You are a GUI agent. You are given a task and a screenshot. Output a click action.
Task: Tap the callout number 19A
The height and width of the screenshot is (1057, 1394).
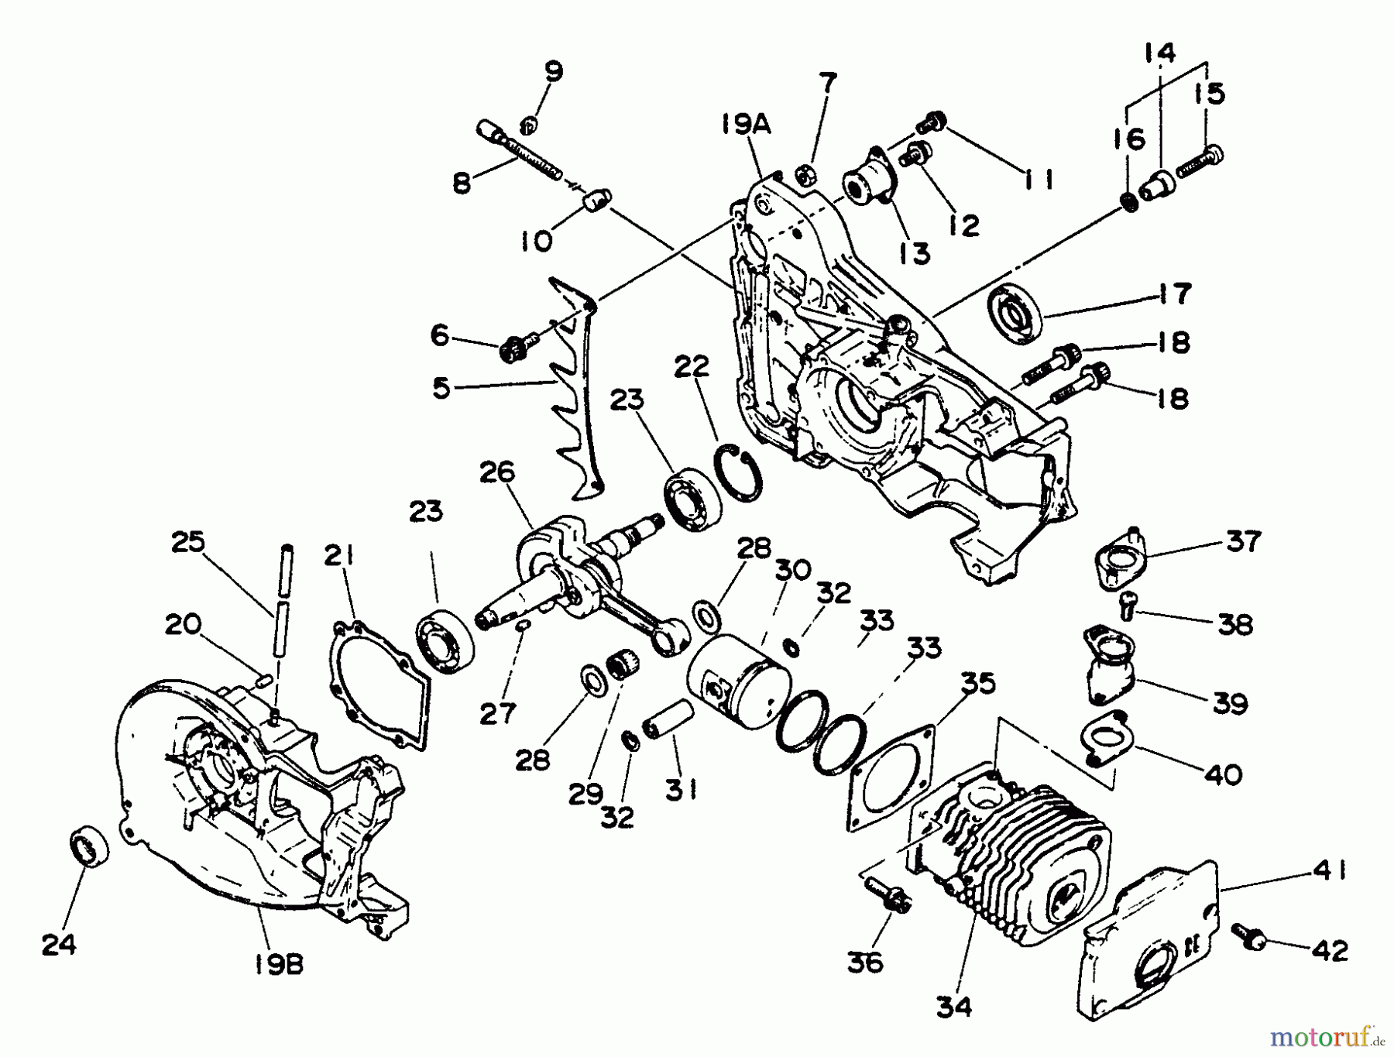747,124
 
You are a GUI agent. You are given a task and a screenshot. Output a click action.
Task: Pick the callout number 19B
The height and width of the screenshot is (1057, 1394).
278,964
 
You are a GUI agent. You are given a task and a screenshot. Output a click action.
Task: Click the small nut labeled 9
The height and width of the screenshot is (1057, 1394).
530,122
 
